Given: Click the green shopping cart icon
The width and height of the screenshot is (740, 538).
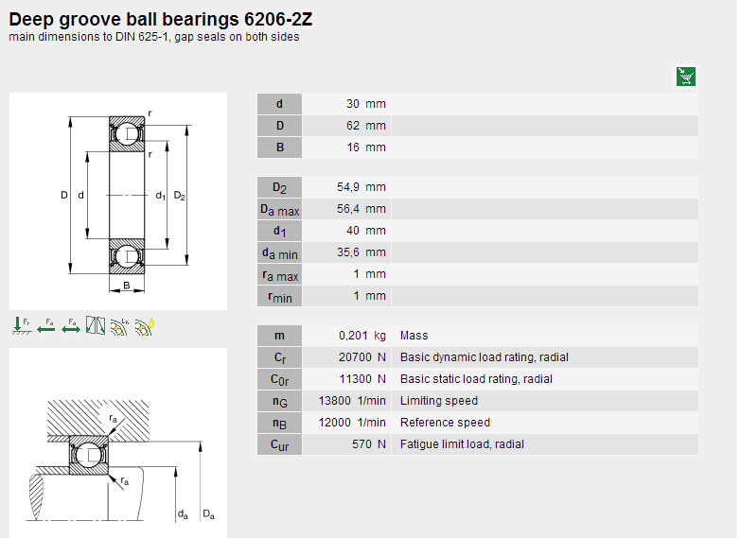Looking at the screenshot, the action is pyautogui.click(x=686, y=77).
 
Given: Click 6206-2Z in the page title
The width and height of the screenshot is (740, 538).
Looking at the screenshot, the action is pyautogui.click(x=278, y=19).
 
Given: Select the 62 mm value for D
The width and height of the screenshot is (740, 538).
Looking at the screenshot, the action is pyautogui.click(x=366, y=126).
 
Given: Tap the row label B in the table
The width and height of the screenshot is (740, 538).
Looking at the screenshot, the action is pyautogui.click(x=280, y=148).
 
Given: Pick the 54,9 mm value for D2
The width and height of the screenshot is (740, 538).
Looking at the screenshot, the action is pyautogui.click(x=361, y=186).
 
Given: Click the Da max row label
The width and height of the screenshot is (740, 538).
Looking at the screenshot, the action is pyautogui.click(x=280, y=209).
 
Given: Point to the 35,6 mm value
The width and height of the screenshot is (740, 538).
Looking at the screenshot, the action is pyautogui.click(x=361, y=252).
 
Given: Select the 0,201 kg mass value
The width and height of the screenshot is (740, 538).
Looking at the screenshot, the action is pyautogui.click(x=362, y=336).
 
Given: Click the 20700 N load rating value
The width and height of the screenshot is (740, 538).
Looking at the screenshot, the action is pyautogui.click(x=362, y=357).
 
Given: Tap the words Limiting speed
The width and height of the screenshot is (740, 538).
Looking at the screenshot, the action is pyautogui.click(x=439, y=401).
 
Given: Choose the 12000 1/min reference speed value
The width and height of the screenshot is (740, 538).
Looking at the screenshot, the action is pyautogui.click(x=352, y=423).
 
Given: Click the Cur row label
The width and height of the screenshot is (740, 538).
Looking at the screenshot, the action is pyautogui.click(x=280, y=444).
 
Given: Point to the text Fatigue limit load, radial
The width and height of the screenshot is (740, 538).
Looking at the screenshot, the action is pyautogui.click(x=462, y=444).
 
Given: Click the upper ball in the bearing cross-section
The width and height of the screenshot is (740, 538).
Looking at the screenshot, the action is pyautogui.click(x=127, y=134).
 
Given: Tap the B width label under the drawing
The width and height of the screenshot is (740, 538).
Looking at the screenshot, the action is pyautogui.click(x=127, y=285).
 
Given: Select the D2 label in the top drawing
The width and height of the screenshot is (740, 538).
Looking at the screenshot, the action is pyautogui.click(x=180, y=195).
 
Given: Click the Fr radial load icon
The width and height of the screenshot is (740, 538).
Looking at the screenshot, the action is pyautogui.click(x=21, y=326).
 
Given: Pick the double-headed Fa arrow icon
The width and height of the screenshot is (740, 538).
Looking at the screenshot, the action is pyautogui.click(x=71, y=326).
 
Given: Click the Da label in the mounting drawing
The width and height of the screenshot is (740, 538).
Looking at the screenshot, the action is pyautogui.click(x=208, y=514).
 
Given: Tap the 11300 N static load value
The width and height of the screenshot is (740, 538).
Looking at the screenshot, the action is pyautogui.click(x=362, y=378).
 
